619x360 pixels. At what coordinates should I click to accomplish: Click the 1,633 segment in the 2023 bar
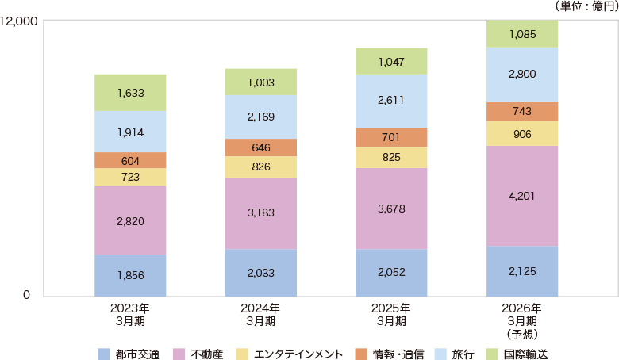click(130, 93)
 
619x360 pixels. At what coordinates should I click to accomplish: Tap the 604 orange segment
click(130, 160)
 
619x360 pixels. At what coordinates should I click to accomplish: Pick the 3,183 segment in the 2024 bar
click(260, 213)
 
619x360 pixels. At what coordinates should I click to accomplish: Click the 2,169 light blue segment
click(260, 117)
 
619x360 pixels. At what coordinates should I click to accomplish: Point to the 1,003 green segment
click(260, 82)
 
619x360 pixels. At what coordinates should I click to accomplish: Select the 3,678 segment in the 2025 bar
click(391, 209)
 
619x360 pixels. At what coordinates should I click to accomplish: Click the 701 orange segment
click(391, 137)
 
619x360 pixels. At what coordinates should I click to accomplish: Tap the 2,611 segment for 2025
click(391, 101)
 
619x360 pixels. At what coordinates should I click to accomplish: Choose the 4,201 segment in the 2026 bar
click(522, 196)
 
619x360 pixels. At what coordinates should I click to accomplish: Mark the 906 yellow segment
click(522, 133)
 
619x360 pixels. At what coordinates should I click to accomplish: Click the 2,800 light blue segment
click(522, 75)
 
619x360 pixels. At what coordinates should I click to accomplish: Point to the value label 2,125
click(522, 271)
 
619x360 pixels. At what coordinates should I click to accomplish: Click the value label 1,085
click(522, 34)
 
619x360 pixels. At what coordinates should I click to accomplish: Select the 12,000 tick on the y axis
click(20, 21)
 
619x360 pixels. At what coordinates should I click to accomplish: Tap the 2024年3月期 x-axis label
click(260, 314)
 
